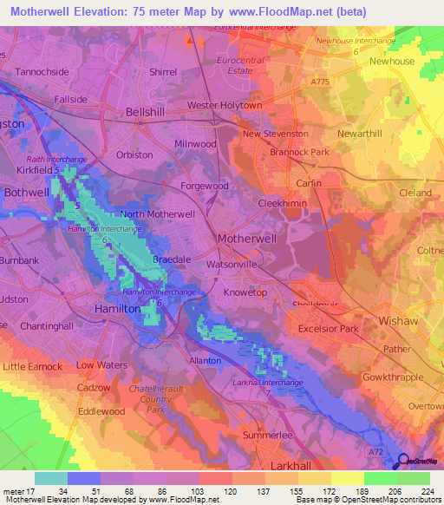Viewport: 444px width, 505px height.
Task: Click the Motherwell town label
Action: [246, 237]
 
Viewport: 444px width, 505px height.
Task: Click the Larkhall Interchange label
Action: [268, 382]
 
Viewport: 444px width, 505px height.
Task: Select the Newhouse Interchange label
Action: [356, 41]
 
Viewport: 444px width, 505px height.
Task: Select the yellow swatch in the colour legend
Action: [347, 478]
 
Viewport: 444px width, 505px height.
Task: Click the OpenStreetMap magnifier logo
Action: [402, 462]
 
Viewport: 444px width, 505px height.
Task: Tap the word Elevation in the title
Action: [102, 11]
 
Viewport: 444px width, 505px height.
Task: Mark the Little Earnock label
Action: [32, 366]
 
